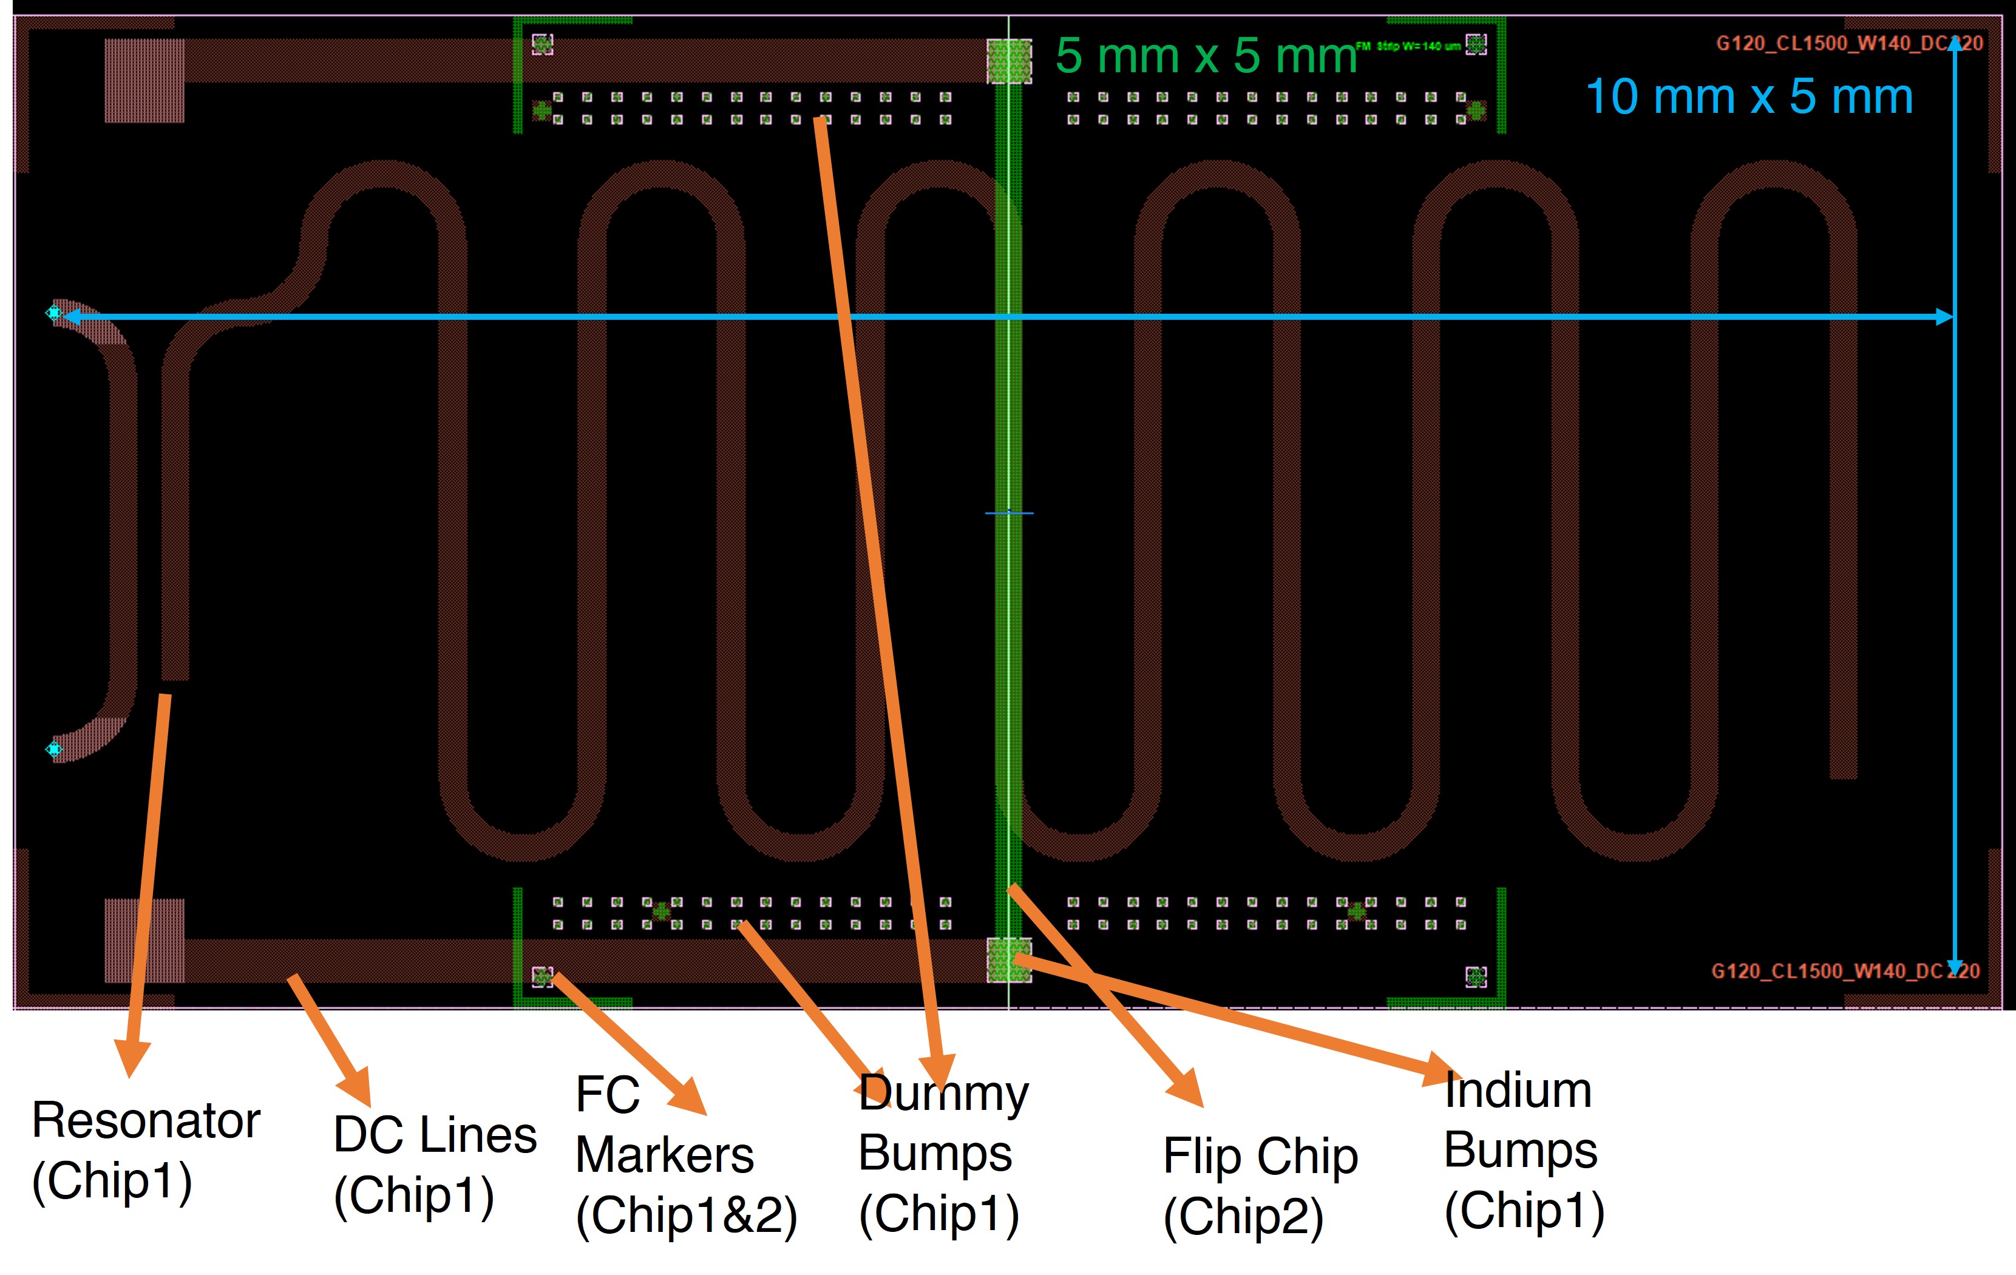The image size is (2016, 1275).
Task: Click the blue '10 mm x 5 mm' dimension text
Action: pyautogui.click(x=1749, y=97)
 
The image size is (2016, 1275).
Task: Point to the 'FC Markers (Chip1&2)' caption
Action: pyautogui.click(x=685, y=1155)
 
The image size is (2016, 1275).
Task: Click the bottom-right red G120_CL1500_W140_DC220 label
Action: pyautogui.click(x=1844, y=971)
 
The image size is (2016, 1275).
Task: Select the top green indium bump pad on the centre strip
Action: pyautogui.click(x=1009, y=61)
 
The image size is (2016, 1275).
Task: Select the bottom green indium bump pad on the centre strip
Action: pyautogui.click(x=1009, y=959)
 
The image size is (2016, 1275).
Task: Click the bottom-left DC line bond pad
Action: pyautogui.click(x=144, y=940)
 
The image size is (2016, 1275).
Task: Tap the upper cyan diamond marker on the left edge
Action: pyautogui.click(x=53, y=313)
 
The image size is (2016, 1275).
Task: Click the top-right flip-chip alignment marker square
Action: pyautogui.click(x=1476, y=44)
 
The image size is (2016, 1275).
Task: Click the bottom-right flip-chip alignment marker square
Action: pyautogui.click(x=1476, y=976)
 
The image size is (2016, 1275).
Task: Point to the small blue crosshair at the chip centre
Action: pyautogui.click(x=1009, y=512)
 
